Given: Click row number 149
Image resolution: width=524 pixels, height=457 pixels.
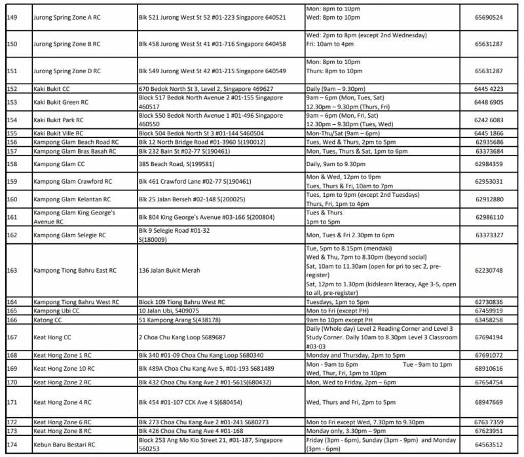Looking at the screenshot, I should point(12,17).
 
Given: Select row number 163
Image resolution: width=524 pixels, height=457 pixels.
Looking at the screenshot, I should point(12,270).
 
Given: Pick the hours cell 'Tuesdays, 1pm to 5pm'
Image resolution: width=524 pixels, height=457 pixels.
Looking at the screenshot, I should point(338,302).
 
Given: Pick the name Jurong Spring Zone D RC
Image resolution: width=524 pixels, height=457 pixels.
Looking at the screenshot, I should point(67,71).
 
